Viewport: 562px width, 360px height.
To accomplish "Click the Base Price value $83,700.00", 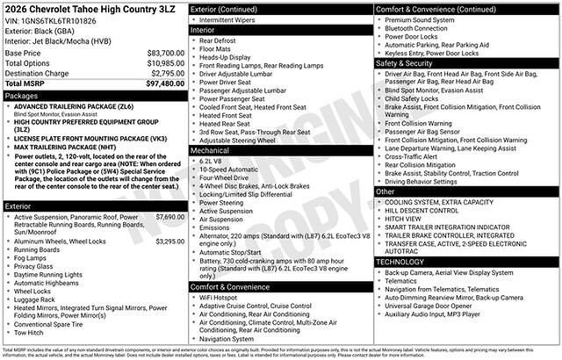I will tap(165, 53).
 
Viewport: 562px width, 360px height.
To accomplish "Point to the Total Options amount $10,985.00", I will tap(165, 63).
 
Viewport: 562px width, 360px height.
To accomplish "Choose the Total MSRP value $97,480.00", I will tap(165, 84).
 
